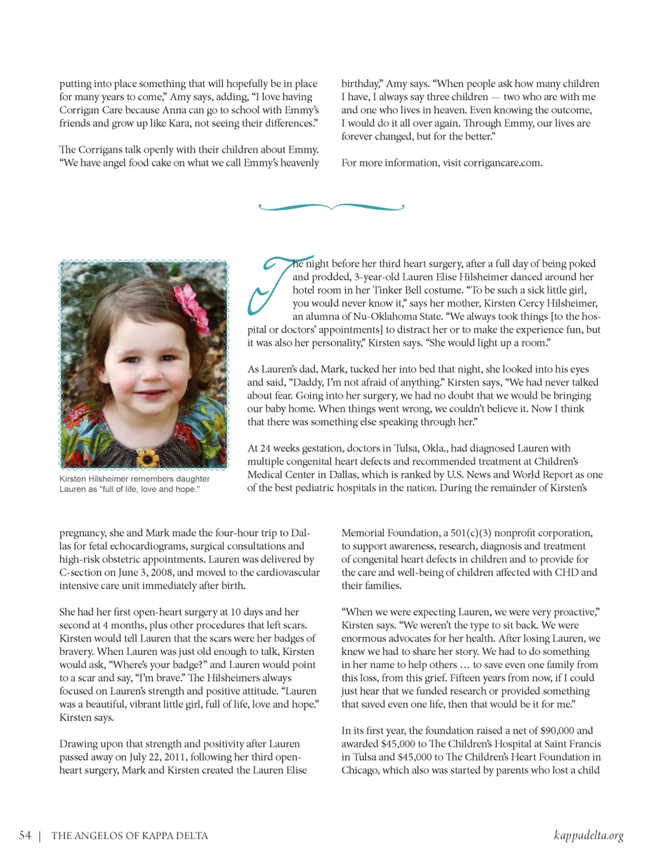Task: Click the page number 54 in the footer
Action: (25, 835)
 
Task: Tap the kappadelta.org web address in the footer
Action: (588, 835)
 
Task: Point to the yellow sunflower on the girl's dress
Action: (147, 457)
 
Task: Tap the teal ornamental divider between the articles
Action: (331, 206)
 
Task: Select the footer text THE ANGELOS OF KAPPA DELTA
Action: (129, 836)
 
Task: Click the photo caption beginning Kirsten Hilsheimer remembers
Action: (134, 484)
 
